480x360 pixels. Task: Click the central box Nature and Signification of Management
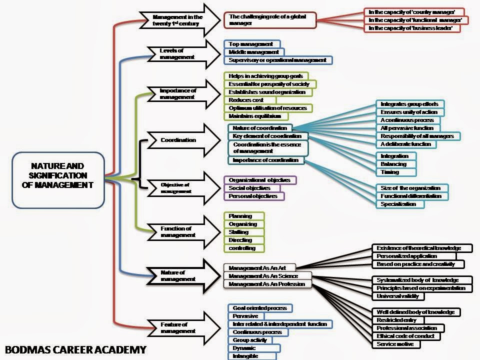click(x=58, y=179)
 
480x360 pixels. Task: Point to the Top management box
click(x=251, y=44)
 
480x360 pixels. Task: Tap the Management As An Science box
click(x=267, y=276)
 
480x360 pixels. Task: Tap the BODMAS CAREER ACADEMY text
click(x=75, y=349)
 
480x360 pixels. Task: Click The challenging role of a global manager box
click(x=270, y=20)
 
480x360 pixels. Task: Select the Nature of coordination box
click(x=259, y=128)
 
